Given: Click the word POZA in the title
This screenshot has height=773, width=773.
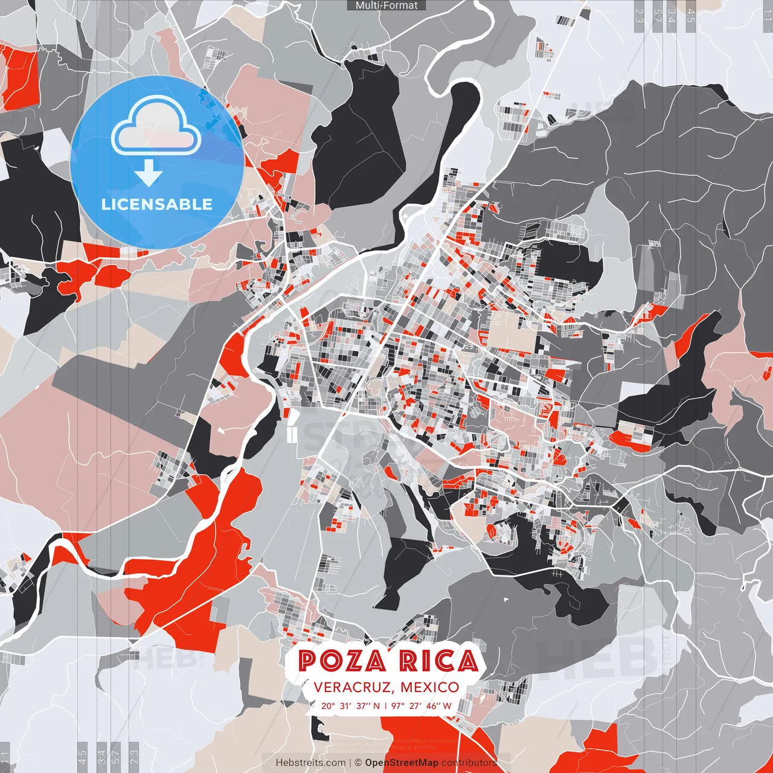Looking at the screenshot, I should (x=342, y=661).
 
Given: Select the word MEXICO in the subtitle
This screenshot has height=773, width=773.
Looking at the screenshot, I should (x=429, y=687).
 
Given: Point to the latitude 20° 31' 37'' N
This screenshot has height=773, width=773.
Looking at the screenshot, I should (x=350, y=705).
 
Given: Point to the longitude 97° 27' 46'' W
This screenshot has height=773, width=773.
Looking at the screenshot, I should (x=421, y=705).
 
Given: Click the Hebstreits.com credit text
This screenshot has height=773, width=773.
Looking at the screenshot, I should (x=310, y=763).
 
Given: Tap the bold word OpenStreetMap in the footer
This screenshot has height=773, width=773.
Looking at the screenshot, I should (x=401, y=763).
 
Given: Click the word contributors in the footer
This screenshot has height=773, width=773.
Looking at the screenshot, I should (x=469, y=763).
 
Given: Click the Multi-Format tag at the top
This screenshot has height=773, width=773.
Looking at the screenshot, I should (x=386, y=5).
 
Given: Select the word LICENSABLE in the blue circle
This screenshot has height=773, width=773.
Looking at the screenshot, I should (x=157, y=204).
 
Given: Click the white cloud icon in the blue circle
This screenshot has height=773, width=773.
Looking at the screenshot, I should (x=156, y=128).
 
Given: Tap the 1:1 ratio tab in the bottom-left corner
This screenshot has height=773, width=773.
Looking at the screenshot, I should (x=5, y=757).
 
